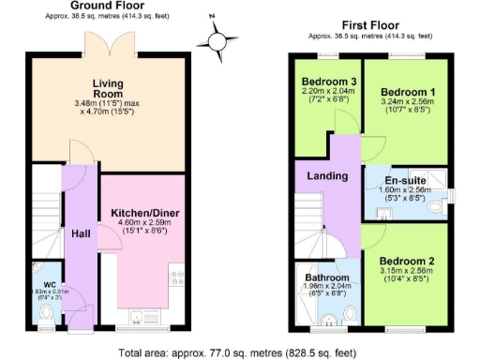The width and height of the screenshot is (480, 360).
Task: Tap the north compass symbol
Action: tap(217, 39)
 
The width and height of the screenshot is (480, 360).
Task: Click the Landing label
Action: tap(327, 175)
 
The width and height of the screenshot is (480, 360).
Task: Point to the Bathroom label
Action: tap(327, 278)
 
